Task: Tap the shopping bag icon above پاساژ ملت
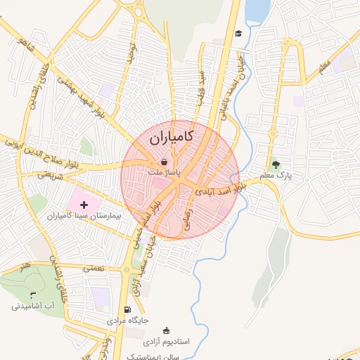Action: tap(164, 161)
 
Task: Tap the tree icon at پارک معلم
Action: tap(285, 164)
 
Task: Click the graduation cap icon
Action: tap(238, 33)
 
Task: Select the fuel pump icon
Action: tap(127, 309)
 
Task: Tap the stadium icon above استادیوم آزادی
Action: tap(167, 330)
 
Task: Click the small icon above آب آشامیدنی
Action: tap(33, 295)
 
